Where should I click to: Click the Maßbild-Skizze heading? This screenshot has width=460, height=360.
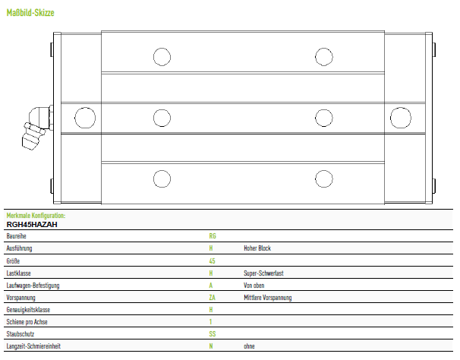30,13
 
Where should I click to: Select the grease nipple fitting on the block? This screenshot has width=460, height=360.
37,127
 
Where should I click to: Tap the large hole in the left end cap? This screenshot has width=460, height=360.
85,118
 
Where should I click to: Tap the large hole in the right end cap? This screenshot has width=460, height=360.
401,118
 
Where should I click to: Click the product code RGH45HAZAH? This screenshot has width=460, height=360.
32,225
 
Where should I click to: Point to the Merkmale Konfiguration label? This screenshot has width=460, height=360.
36,216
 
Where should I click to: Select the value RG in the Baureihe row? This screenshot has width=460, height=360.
213,236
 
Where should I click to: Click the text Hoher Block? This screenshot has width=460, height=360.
257,248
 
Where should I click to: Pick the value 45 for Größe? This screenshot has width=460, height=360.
212,261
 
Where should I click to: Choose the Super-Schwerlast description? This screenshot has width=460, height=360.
263,273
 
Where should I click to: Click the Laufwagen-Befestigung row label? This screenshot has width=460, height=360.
33,286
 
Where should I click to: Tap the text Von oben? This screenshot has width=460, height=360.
254,286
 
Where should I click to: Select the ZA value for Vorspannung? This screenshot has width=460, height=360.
212,298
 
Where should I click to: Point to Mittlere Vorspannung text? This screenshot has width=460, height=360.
267,298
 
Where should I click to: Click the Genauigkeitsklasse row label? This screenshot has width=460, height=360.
28,310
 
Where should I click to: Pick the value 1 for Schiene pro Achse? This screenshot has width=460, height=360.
210,322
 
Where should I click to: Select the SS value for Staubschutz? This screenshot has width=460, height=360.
213,334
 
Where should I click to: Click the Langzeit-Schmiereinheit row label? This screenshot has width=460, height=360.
33,346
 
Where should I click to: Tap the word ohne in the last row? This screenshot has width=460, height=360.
249,346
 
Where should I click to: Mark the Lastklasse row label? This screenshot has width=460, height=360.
18,273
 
